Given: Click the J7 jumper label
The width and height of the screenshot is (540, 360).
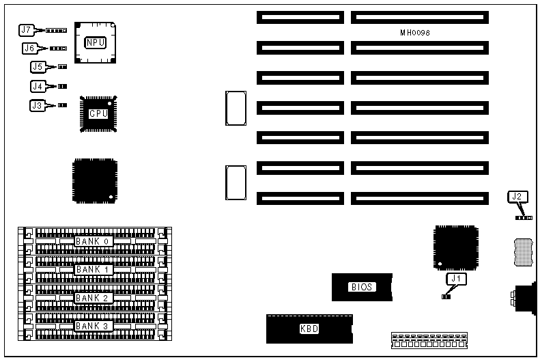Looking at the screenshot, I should click(x=26, y=30).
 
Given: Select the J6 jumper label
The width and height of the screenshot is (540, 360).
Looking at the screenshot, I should click(x=29, y=49).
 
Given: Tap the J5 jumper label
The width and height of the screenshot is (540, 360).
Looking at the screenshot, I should click(x=38, y=67).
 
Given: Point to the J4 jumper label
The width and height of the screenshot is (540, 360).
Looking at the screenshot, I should click(x=38, y=86).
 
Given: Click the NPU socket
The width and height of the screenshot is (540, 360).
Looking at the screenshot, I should click(x=96, y=42).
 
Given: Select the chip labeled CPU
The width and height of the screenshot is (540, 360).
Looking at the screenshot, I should click(x=99, y=113).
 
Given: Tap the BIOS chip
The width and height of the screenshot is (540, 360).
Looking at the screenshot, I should click(x=362, y=287).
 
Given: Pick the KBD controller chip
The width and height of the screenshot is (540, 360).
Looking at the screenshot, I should click(x=309, y=329).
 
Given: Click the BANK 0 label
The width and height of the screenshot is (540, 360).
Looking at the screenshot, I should click(x=94, y=241).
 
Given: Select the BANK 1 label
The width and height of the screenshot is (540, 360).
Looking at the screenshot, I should click(x=94, y=269).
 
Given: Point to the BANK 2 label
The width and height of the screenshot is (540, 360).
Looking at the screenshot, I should click(x=94, y=298).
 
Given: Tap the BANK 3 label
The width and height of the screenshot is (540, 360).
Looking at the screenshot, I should click(x=94, y=326).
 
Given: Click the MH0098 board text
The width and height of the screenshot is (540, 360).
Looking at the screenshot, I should click(x=414, y=33).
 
